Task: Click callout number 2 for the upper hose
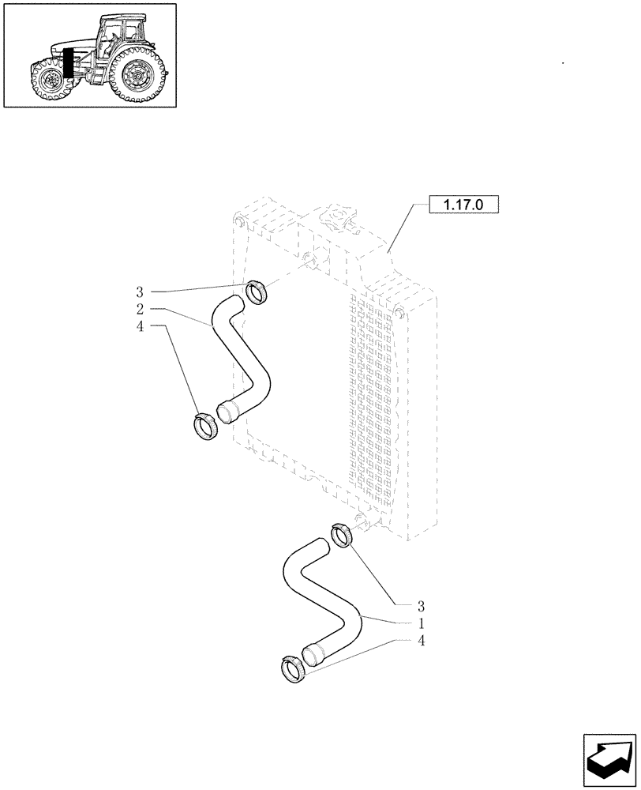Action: tap(139, 308)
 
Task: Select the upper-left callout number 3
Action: tap(139, 292)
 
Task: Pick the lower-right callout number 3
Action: tap(421, 607)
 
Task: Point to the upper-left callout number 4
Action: tap(139, 325)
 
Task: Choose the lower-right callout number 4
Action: tap(421, 641)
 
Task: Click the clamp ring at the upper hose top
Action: tap(257, 292)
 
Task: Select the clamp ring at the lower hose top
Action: tap(342, 535)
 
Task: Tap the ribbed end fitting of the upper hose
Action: tap(228, 412)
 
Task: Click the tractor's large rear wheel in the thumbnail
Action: tap(142, 75)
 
